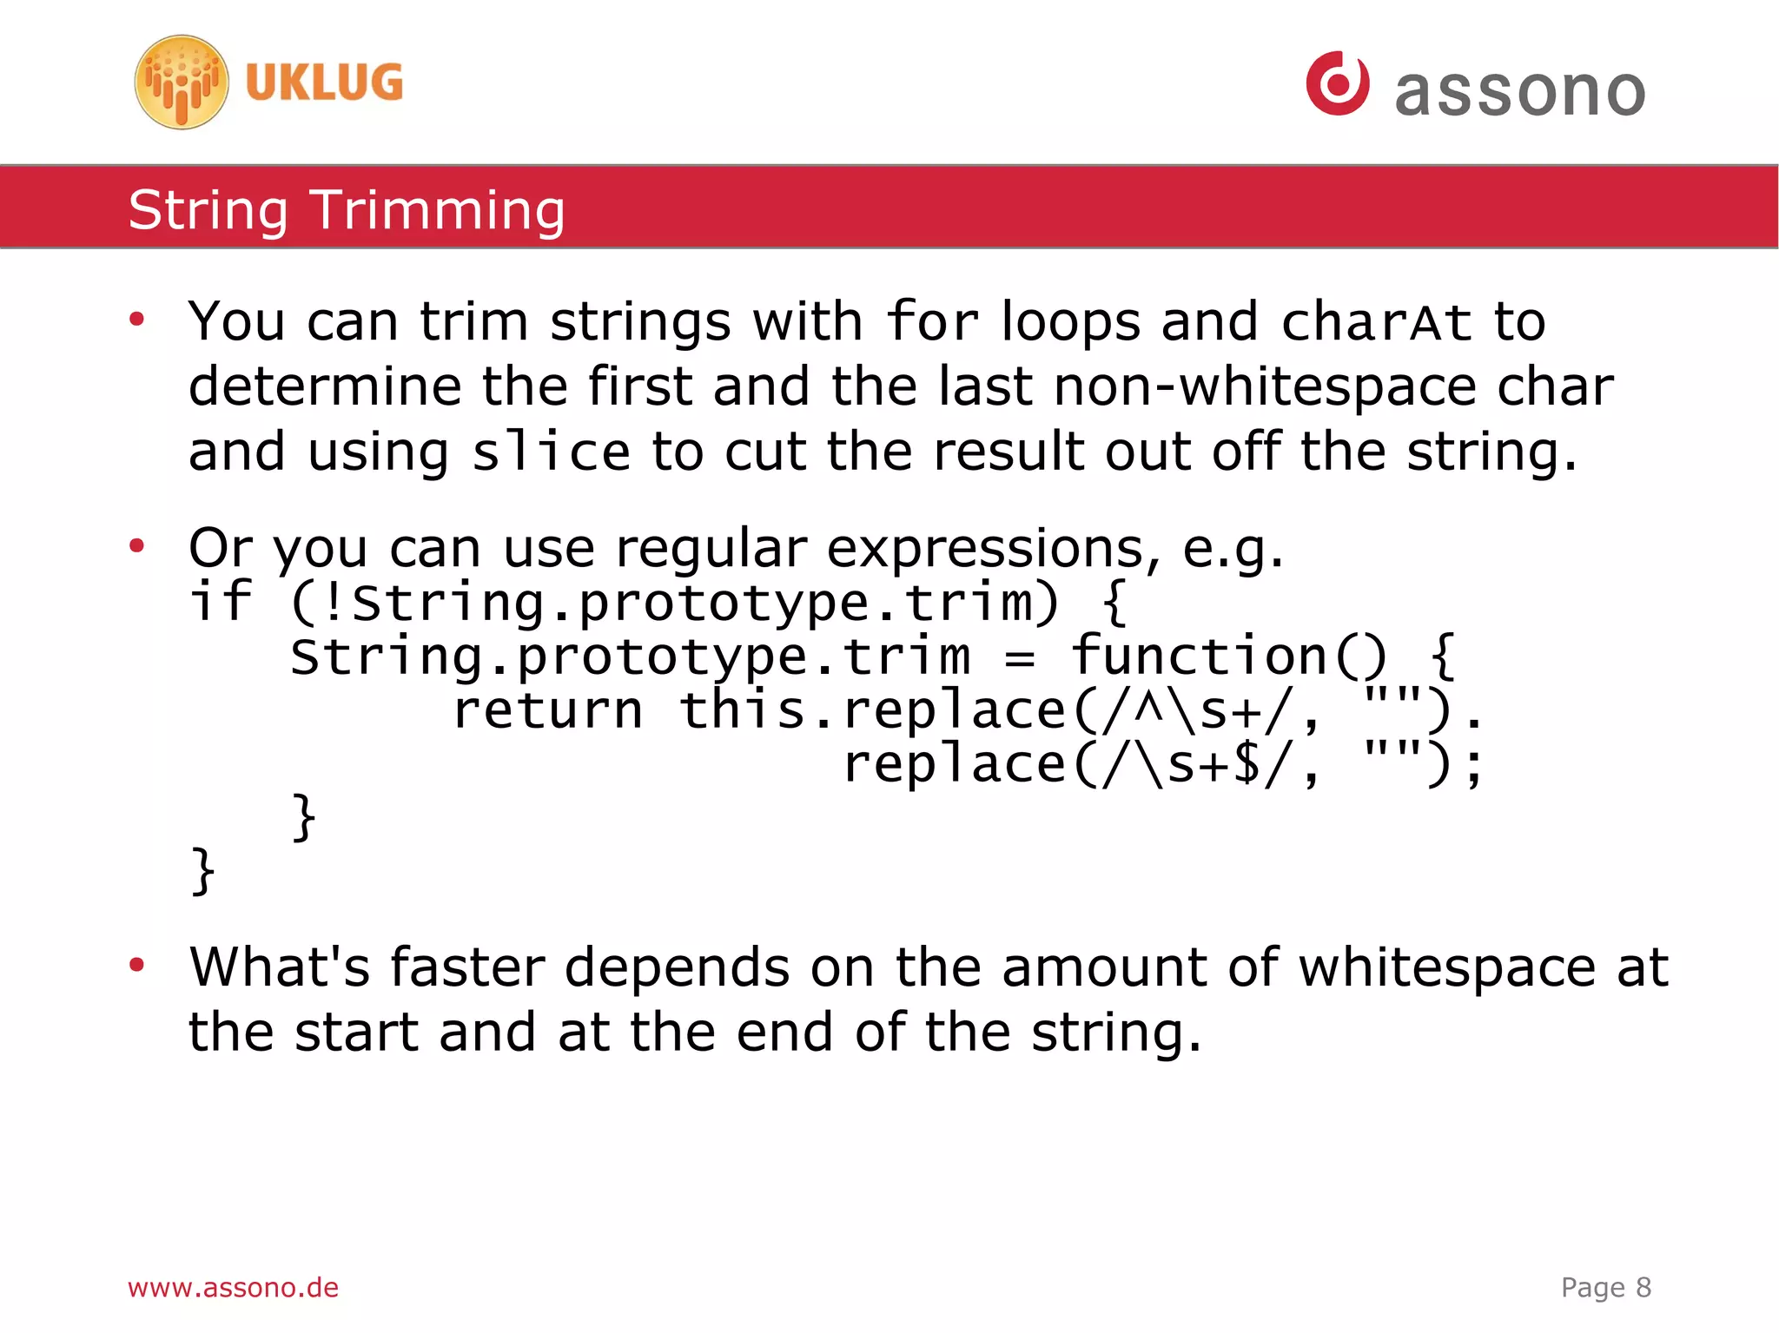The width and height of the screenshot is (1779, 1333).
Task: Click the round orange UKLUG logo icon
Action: tap(182, 82)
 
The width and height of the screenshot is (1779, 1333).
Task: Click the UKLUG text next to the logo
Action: tap(324, 83)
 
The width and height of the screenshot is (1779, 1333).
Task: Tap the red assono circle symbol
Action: tap(1337, 83)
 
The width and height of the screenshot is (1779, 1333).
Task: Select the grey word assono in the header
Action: tap(1519, 91)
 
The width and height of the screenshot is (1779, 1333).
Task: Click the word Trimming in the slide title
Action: tap(438, 211)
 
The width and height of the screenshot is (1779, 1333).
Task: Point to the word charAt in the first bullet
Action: tap(1376, 323)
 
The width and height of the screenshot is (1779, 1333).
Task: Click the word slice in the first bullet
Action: tap(551, 452)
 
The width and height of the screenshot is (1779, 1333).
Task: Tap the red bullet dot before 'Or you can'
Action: tap(136, 546)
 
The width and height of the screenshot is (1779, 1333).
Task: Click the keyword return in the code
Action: tap(548, 710)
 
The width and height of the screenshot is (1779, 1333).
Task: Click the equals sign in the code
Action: tap(1020, 657)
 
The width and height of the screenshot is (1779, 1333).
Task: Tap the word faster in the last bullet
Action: tap(466, 967)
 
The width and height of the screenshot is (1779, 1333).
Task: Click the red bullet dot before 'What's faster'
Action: tap(136, 965)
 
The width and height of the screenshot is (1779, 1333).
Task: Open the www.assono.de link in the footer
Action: tap(233, 1288)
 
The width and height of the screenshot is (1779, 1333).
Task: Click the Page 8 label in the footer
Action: tap(1605, 1288)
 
